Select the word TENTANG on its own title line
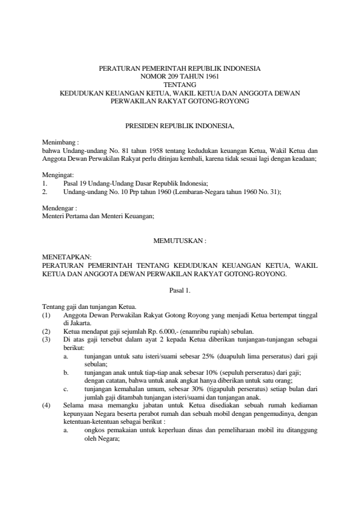coord(180,86)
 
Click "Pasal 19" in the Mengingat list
coord(76,182)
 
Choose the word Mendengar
coord(59,206)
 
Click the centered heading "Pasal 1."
coord(180,291)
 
